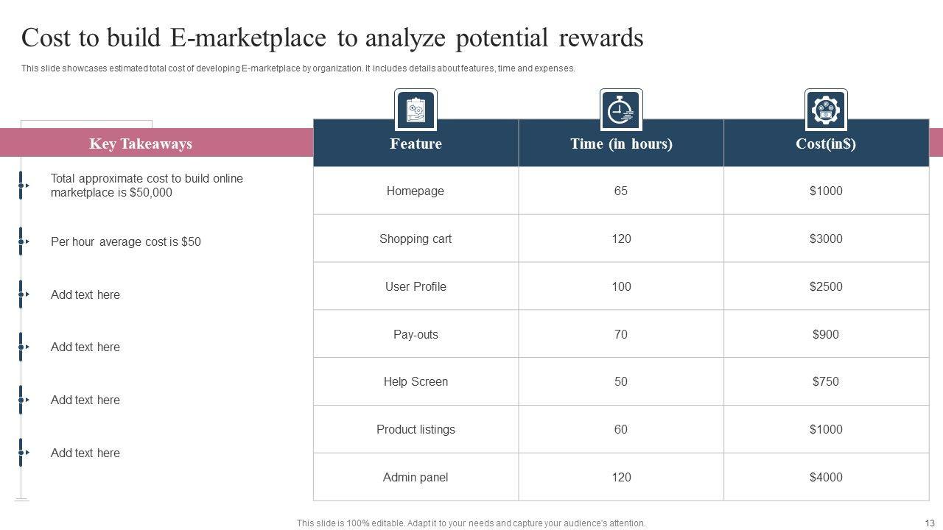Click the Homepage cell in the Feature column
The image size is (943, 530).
pos(416,191)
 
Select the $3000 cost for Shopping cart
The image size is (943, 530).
pos(826,239)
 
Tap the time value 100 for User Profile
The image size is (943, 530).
pos(621,286)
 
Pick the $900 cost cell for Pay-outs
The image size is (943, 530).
pos(826,334)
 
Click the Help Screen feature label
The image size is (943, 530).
pos(416,381)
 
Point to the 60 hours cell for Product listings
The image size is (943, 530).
pos(621,429)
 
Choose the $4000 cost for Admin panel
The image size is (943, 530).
pos(826,477)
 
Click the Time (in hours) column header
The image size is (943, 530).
pos(621,144)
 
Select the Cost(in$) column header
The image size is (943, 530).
pos(826,144)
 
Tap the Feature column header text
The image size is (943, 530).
pos(416,144)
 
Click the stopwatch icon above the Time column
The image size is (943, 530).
pos(621,110)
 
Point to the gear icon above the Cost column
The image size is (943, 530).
pos(826,110)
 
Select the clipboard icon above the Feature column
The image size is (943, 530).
pos(416,110)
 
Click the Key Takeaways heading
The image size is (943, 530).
pos(141,144)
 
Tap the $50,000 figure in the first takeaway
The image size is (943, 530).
pos(150,193)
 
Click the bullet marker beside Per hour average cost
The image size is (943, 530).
pos(21,241)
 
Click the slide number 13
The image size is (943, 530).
pos(929,523)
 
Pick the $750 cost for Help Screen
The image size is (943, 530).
pos(826,381)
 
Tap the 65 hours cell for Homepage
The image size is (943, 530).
pos(621,191)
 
